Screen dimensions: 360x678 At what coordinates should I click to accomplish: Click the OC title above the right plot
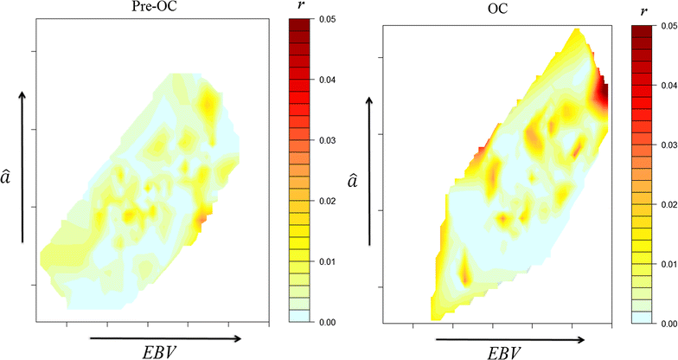(498, 15)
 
